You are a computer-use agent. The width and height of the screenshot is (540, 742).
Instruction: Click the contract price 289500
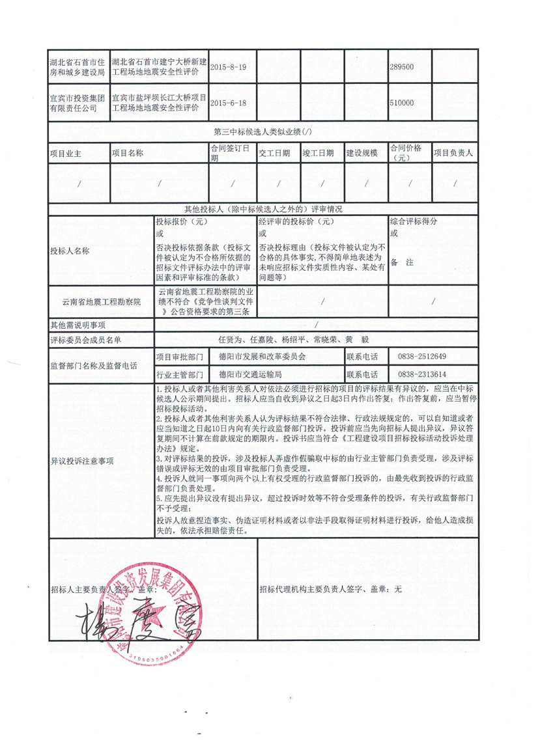click(401, 67)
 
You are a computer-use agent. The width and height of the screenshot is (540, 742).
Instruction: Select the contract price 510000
click(401, 103)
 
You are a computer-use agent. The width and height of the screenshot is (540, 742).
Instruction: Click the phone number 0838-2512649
click(421, 357)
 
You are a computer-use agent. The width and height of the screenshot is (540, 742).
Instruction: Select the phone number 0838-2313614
click(421, 375)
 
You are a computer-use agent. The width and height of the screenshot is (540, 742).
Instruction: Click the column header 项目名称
click(128, 154)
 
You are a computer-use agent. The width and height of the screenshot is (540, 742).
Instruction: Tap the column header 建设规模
click(362, 154)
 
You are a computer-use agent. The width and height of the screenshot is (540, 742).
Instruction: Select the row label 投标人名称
click(69, 251)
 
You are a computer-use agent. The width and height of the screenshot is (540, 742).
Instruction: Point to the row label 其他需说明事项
click(78, 325)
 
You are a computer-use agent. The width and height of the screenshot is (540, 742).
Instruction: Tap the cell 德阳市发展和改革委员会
click(262, 357)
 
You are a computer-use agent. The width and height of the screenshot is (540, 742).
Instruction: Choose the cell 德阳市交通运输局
click(251, 375)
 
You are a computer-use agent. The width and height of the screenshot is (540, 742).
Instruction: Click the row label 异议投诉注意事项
click(82, 461)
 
